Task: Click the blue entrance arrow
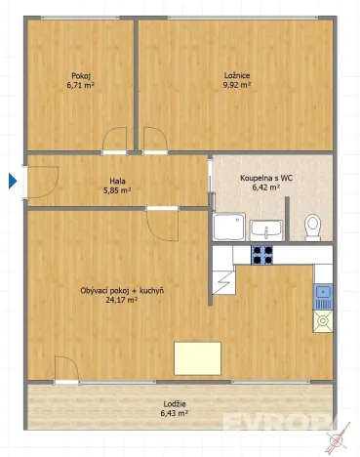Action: point(13,181)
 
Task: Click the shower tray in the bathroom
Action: point(228,229)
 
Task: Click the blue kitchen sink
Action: point(323,292)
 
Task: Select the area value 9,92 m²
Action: point(237,85)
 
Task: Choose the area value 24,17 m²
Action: point(123,301)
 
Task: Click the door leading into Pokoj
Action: point(115,143)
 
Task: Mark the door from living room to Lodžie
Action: point(66,371)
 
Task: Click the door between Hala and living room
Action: point(163,224)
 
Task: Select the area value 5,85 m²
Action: point(117,190)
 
